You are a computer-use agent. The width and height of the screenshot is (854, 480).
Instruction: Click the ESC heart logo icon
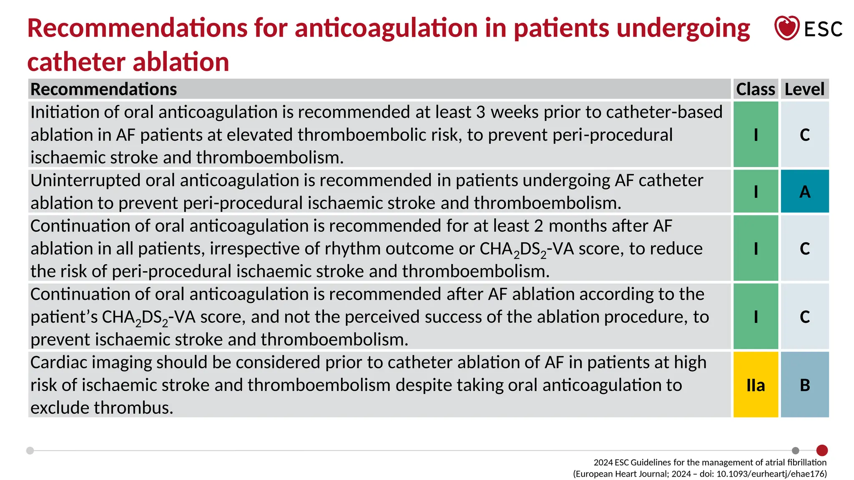point(786,28)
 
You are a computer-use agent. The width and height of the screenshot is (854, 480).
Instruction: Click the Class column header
point(755,89)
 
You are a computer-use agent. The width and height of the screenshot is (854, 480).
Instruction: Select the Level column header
point(804,89)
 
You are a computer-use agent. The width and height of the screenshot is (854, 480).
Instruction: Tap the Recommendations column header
point(104,89)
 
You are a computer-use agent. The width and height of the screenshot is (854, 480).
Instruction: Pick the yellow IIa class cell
point(756,385)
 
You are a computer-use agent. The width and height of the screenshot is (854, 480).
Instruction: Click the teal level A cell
point(805,192)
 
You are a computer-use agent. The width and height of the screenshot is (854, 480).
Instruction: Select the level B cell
point(805,385)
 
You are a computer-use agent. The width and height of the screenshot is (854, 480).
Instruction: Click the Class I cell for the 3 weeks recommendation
point(756,135)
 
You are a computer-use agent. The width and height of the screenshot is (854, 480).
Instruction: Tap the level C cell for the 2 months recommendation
point(805,249)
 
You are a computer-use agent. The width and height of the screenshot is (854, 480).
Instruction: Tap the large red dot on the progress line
point(822,450)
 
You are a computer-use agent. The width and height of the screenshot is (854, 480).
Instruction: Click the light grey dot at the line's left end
point(30,450)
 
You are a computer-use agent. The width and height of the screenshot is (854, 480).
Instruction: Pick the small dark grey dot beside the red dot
point(796,450)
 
